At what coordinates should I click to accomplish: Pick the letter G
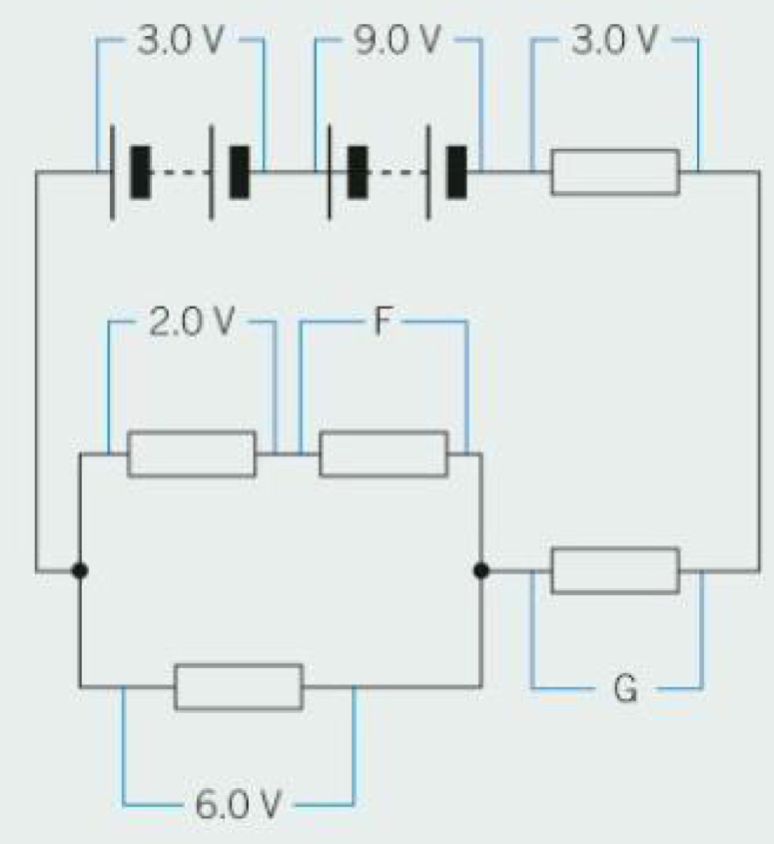click(x=624, y=689)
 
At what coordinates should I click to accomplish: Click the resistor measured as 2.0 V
click(x=192, y=454)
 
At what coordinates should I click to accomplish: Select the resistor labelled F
click(x=384, y=454)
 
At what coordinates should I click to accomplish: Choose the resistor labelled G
click(x=615, y=570)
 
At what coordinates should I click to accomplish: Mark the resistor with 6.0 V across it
click(x=239, y=686)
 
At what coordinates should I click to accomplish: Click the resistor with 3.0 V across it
click(x=615, y=172)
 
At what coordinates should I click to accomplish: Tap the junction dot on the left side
click(x=80, y=570)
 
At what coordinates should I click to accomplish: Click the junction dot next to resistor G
click(x=481, y=570)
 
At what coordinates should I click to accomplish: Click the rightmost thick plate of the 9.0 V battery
click(x=456, y=172)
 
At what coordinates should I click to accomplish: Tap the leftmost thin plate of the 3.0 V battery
click(x=109, y=172)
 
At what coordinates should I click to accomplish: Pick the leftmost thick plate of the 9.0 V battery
click(x=357, y=172)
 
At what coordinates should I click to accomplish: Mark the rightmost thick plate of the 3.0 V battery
click(x=240, y=172)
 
